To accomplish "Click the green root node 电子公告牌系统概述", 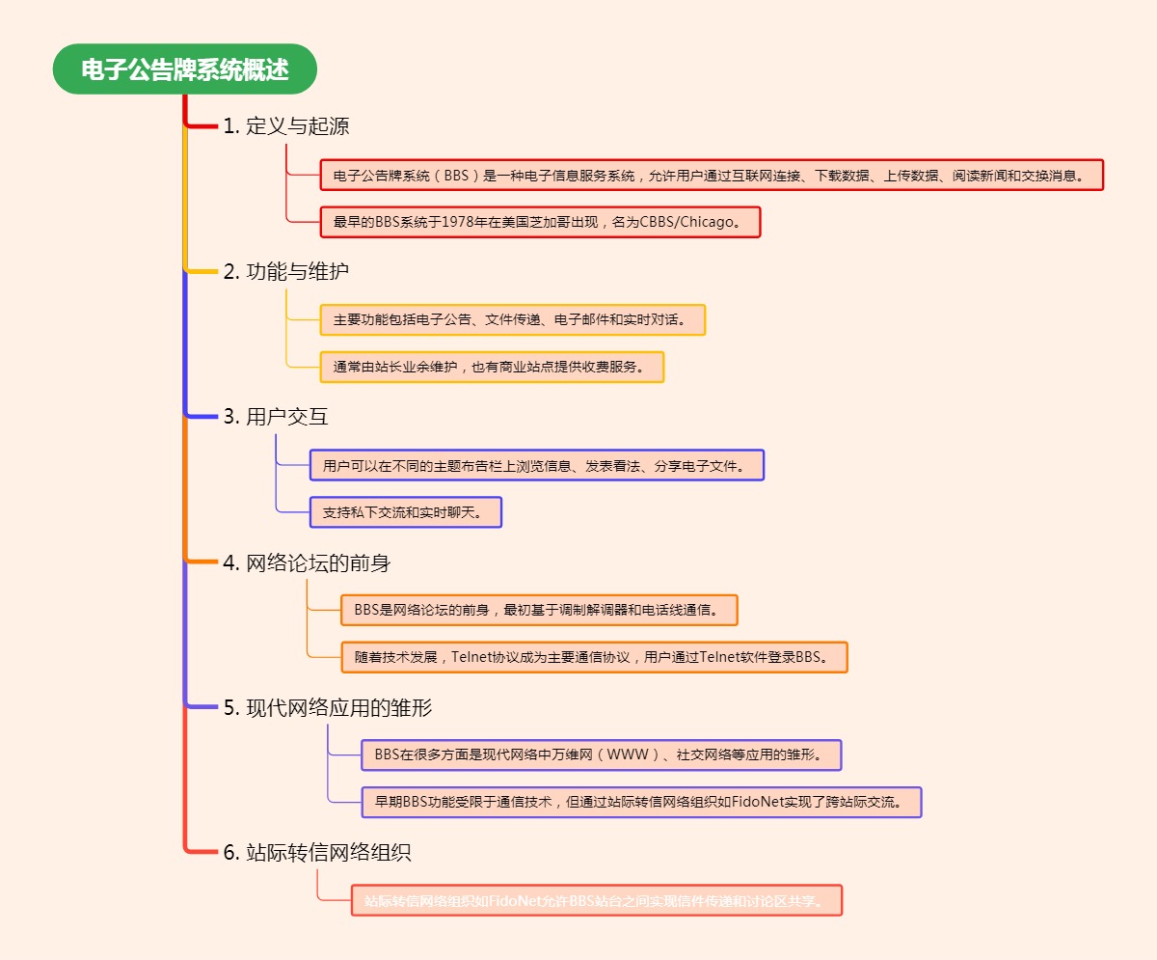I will [184, 69].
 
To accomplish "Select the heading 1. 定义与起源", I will [286, 125].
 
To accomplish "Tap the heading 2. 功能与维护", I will [286, 271].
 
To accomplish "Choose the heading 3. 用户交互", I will [276, 417].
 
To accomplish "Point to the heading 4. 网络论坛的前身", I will [307, 562].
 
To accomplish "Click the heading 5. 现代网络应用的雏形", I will [328, 707].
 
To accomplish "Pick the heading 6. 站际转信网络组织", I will [317, 853].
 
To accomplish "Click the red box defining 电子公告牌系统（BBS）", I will [711, 175].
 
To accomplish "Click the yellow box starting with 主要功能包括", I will [512, 320].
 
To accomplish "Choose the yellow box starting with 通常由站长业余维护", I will [492, 368].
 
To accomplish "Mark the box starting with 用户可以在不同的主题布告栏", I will [536, 465].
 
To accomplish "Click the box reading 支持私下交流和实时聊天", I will [406, 512].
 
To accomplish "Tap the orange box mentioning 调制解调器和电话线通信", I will [539, 610].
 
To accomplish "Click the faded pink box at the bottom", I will [596, 901].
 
